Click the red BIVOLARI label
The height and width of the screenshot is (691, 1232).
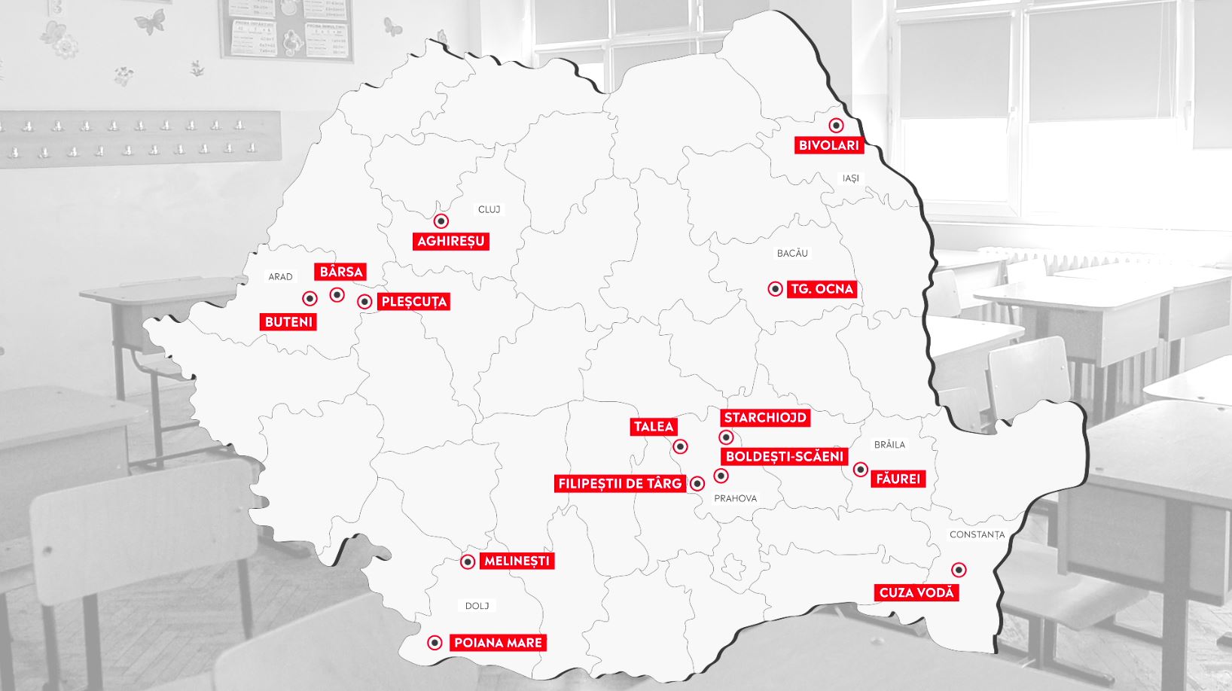828,145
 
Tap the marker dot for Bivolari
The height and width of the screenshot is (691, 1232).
836,126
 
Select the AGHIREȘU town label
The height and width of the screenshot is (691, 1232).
451,242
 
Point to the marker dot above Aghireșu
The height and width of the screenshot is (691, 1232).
441,221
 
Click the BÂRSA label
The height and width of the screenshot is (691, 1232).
341,272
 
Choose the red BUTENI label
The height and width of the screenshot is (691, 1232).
288,322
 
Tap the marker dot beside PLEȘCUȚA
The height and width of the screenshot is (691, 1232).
364,302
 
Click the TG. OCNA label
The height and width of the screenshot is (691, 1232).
822,289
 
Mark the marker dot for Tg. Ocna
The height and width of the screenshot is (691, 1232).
775,289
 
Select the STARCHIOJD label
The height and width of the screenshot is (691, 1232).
765,418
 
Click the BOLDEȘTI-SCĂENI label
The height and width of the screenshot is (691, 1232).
785,457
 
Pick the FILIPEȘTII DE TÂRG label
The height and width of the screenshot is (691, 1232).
619,484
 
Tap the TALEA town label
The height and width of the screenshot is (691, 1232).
653,427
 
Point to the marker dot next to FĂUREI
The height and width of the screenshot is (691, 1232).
860,470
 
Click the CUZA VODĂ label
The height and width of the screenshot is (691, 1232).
916,592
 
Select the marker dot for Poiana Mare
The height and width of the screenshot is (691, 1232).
435,643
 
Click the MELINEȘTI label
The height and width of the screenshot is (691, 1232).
517,561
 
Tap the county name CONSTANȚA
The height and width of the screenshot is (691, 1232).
977,534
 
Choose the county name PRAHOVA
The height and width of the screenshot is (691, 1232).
735,498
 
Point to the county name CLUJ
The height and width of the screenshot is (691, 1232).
489,209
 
